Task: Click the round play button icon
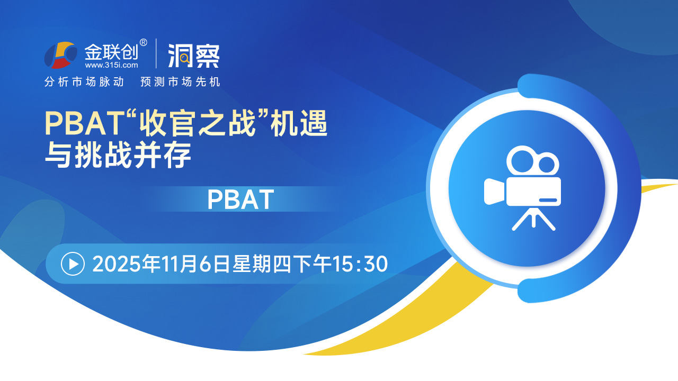tap(73, 264)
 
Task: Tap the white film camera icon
tap(522, 188)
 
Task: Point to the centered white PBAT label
tap(240, 199)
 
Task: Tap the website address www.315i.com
tap(111, 65)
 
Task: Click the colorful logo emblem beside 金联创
tap(60, 55)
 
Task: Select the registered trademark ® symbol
tap(144, 43)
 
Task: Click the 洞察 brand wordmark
tap(194, 56)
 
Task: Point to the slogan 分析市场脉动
tap(84, 81)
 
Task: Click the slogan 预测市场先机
tap(180, 81)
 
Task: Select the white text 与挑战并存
tap(118, 155)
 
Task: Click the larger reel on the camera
tap(521, 160)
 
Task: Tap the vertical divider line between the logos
tap(156, 53)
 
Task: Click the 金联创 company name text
tap(111, 52)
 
